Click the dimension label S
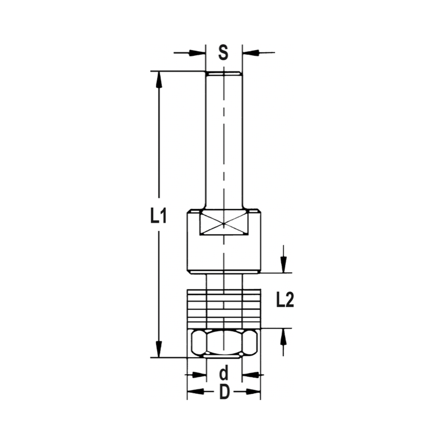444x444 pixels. click(223, 53)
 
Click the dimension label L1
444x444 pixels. click(158, 216)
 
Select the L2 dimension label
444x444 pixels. click(285, 301)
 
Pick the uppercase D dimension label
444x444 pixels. click(224, 392)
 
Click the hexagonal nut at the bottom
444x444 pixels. click(224, 343)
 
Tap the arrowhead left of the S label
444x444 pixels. click(198, 53)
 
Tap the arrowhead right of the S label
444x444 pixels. click(250, 53)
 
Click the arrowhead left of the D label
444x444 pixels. click(194, 392)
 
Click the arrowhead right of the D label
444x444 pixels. click(253, 392)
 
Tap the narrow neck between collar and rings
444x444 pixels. click(224, 281)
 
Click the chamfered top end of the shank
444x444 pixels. click(224, 74)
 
